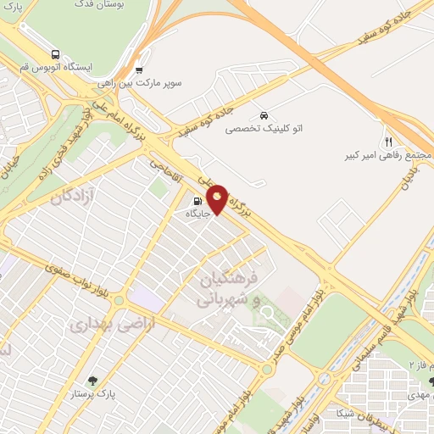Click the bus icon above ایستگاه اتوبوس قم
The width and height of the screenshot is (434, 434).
point(54,51)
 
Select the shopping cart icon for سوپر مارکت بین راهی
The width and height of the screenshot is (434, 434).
point(139,70)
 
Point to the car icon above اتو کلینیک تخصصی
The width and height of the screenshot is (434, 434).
point(264,115)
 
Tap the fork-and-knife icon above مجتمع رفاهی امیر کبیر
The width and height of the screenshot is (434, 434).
point(388,142)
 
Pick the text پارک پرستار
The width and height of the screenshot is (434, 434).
point(92,396)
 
